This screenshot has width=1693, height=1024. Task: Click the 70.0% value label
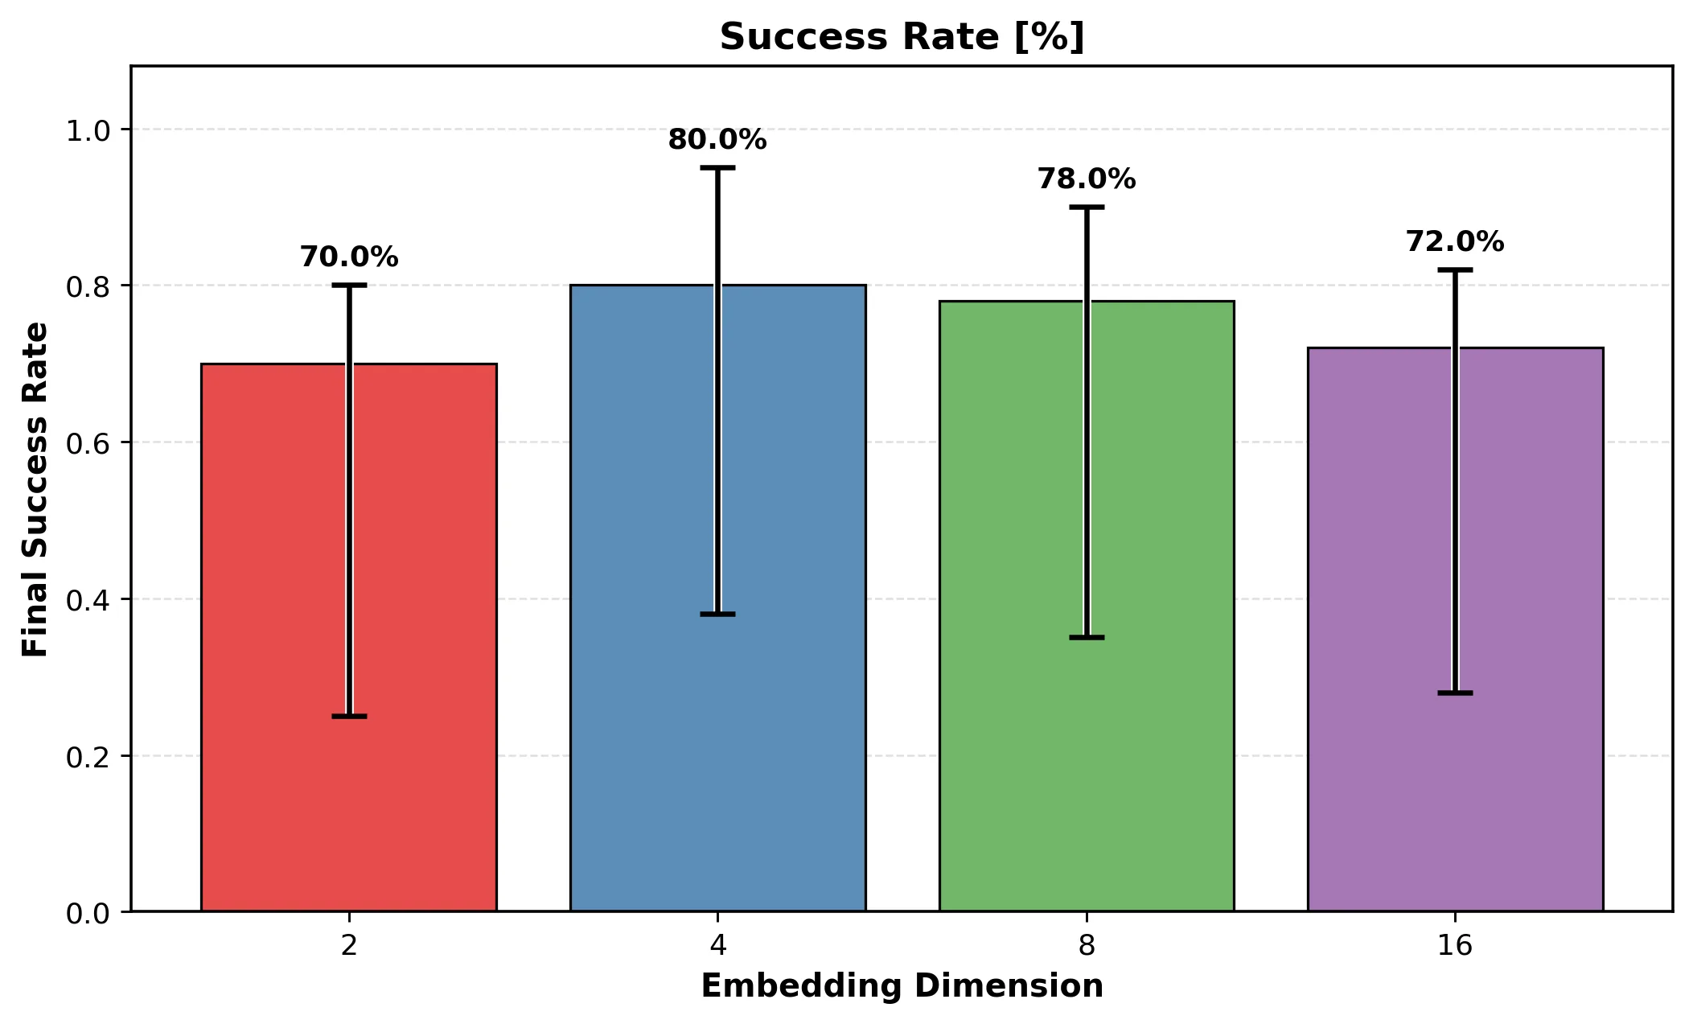coord(349,257)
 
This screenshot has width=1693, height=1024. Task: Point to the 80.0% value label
coord(717,140)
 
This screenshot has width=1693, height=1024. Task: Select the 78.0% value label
coord(1087,179)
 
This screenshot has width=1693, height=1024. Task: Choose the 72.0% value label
coord(1455,242)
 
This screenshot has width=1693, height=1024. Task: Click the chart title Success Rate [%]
coord(902,37)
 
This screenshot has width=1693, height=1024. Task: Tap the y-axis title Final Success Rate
coord(35,489)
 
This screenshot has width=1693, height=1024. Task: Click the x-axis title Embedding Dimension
coord(902,986)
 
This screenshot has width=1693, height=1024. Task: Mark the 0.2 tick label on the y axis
coord(88,756)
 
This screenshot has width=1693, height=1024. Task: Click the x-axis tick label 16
coord(1455,946)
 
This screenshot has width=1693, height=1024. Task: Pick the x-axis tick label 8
coord(1087,946)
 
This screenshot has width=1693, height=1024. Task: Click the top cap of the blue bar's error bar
coord(717,167)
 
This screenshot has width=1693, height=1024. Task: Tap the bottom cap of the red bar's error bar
coord(349,716)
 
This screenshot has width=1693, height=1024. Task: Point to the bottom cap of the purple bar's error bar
coord(1455,693)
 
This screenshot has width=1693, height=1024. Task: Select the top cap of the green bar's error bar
coord(1087,207)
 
